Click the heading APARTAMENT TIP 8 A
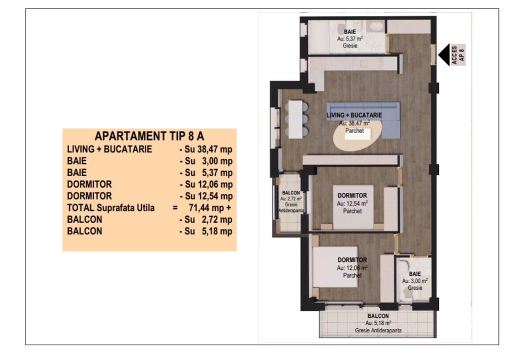[149, 137]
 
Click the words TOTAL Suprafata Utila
[111, 208]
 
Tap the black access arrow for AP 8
[443, 54]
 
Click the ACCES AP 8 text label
[458, 54]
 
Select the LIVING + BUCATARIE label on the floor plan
[354, 114]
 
